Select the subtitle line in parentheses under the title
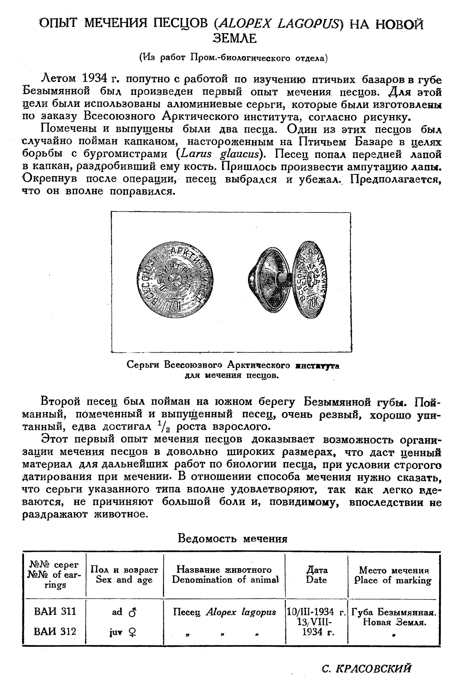tap(234, 58)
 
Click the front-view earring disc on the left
tap(175, 281)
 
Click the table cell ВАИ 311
tap(55, 612)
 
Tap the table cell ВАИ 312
tap(55, 632)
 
